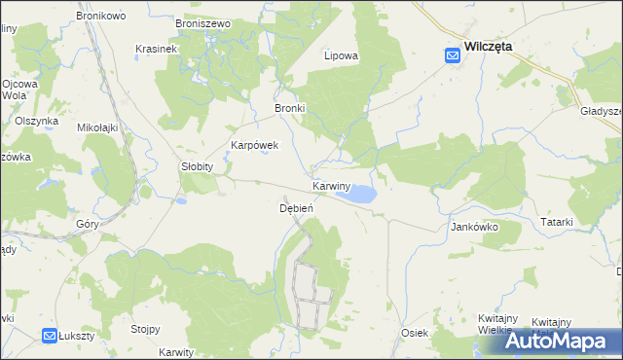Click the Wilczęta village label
(490, 46)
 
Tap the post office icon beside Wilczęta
(453, 56)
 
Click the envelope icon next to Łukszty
(50, 336)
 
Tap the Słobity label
(197, 166)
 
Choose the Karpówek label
(254, 145)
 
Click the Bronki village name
(290, 108)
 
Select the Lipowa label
(341, 55)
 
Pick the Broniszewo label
(202, 22)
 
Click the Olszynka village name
(37, 121)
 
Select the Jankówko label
(474, 227)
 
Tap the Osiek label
(415, 333)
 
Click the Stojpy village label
(145, 329)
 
